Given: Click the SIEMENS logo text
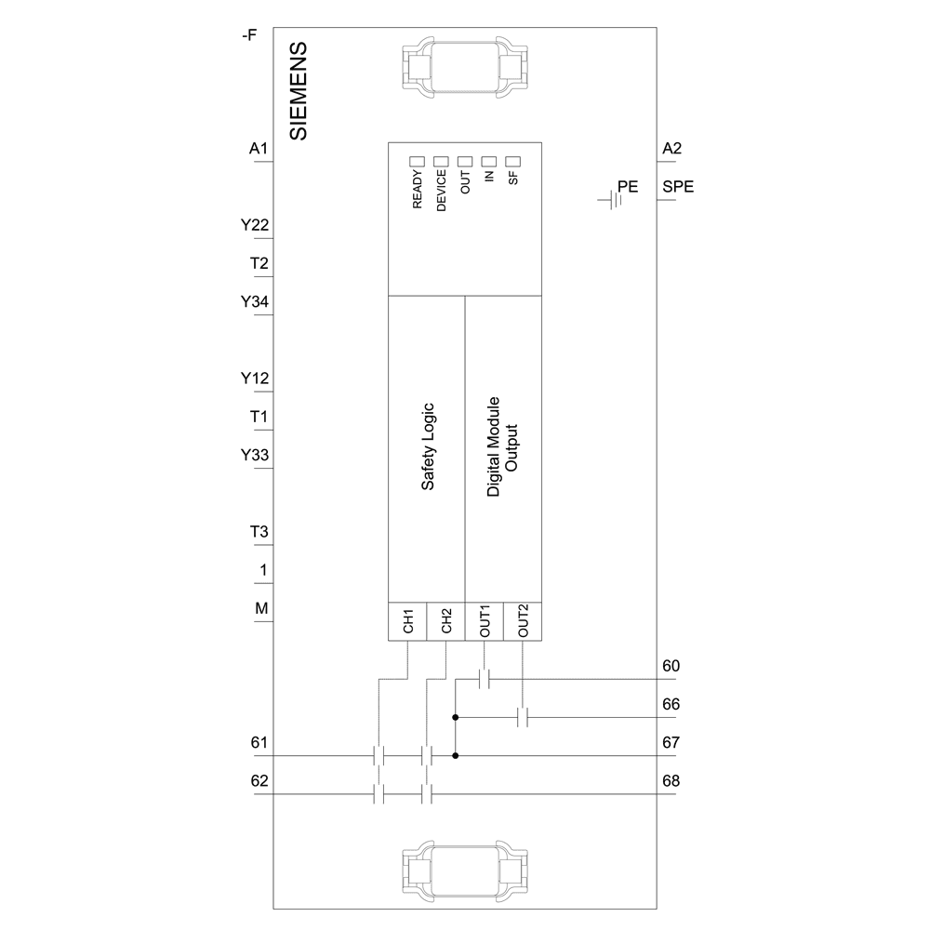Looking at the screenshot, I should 299,91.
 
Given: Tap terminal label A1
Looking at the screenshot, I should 259,149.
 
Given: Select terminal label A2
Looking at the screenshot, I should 672,149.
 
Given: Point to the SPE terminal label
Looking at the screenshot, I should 678,187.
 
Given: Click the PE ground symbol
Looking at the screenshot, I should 609,199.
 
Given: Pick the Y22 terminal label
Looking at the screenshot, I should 255,225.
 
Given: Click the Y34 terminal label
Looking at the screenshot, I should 255,302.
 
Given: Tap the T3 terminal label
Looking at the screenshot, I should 259,532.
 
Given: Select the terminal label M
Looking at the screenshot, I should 262,608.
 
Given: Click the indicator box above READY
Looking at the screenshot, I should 417,161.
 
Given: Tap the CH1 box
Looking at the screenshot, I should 407,622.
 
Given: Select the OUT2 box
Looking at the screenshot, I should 523,622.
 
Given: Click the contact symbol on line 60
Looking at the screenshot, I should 484,680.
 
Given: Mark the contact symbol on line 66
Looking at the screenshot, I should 523,718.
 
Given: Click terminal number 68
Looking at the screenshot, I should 671,780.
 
